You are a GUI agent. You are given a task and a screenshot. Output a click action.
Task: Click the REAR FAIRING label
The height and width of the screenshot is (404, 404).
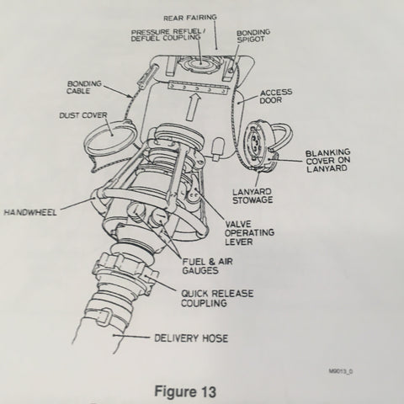[190, 18]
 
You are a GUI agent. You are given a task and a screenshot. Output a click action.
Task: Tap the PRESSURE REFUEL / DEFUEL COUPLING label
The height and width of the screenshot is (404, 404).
[168, 35]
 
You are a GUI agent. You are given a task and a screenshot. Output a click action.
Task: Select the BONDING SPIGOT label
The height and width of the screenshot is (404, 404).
[253, 35]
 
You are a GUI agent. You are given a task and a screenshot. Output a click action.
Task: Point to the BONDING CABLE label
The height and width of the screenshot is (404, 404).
[84, 88]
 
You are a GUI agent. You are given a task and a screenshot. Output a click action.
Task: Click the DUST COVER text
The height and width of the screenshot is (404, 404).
[83, 115]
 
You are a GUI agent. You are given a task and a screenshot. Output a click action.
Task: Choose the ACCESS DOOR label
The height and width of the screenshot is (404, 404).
[275, 96]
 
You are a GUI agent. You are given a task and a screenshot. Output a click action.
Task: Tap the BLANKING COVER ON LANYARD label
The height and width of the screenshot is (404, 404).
[328, 161]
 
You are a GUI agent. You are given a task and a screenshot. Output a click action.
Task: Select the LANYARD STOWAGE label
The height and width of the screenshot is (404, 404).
[252, 196]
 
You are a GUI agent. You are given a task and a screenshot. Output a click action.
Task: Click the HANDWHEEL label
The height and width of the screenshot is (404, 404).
[30, 212]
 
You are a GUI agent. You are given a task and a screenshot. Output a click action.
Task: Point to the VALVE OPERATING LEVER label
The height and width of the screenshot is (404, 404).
[250, 233]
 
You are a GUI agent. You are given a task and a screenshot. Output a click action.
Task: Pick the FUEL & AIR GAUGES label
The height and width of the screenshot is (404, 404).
[207, 266]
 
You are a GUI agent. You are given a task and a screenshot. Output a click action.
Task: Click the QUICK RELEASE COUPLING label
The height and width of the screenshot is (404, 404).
[217, 298]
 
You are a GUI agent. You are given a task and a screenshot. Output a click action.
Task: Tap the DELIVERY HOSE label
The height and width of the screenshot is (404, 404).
[191, 338]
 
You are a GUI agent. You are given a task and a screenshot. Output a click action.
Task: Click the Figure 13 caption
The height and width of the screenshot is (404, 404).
[185, 391]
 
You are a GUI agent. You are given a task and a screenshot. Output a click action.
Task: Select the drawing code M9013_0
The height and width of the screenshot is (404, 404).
[341, 371]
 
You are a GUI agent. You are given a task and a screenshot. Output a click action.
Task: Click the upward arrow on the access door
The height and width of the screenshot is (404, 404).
[194, 107]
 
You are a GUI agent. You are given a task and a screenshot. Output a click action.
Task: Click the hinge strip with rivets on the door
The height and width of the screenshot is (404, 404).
[197, 88]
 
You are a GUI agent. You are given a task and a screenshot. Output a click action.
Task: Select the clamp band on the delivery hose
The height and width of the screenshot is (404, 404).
[104, 316]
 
